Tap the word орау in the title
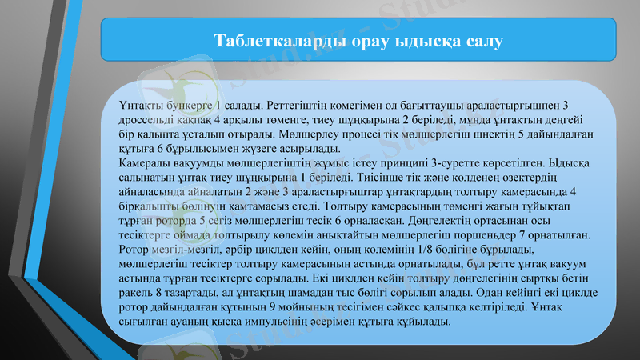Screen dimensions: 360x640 point(367,40)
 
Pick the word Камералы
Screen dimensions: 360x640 point(140,163)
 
